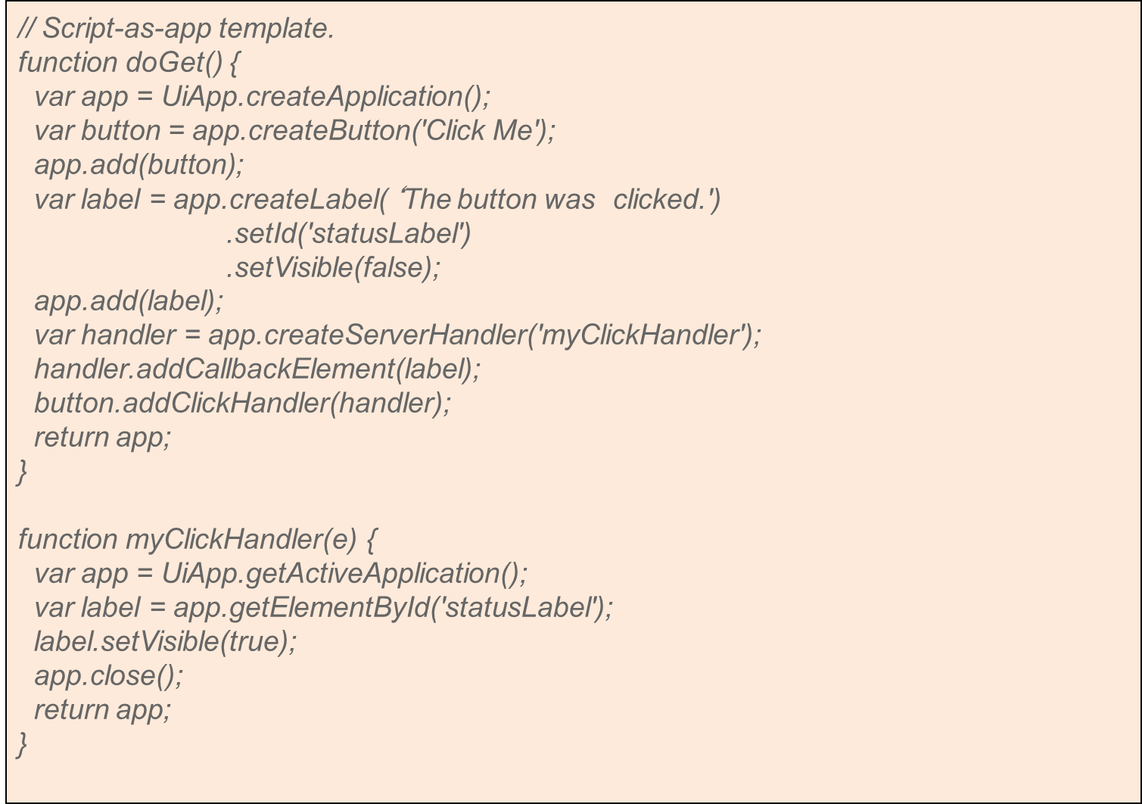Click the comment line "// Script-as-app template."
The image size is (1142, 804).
[176, 29]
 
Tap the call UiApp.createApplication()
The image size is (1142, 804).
[325, 97]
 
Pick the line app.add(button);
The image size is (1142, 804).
[139, 165]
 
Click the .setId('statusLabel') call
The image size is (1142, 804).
[349, 234]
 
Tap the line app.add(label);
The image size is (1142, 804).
[129, 301]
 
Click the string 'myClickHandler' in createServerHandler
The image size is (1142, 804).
[639, 335]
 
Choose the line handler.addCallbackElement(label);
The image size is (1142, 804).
[257, 369]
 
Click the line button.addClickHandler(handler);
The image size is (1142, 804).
[242, 404]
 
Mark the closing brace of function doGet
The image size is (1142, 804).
[22, 472]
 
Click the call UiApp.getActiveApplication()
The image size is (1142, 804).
[344, 574]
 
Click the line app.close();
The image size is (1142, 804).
[109, 676]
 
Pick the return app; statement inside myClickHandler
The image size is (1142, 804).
[103, 710]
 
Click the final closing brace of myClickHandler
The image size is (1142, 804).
[22, 744]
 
